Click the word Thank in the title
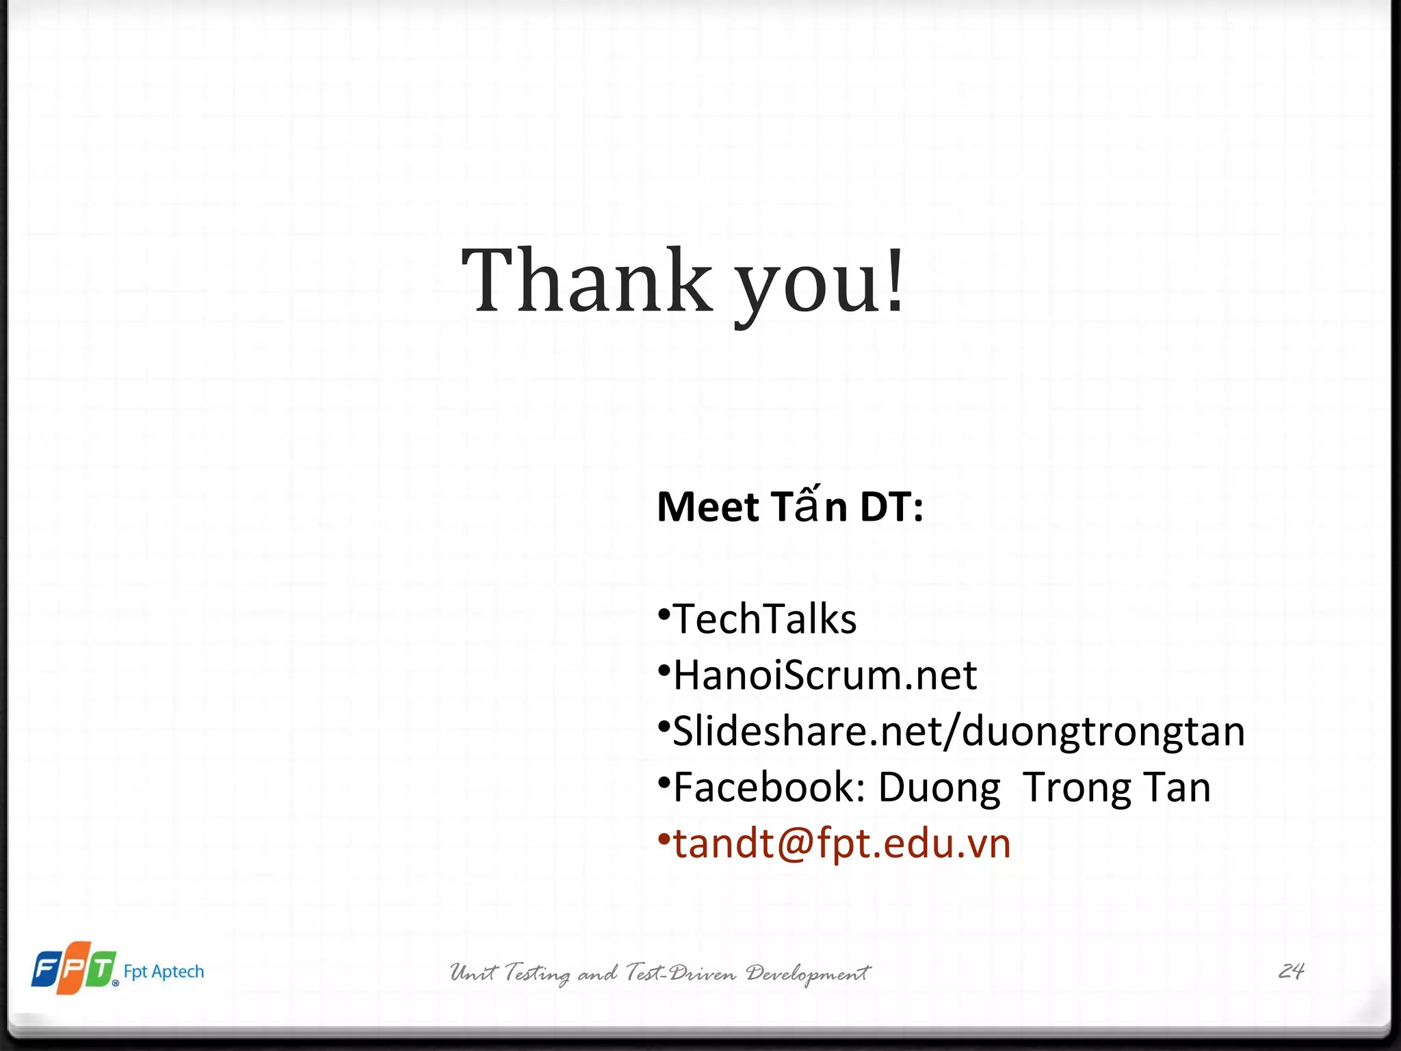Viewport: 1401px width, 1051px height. [x=587, y=282]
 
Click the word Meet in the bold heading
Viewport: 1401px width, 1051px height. [x=708, y=508]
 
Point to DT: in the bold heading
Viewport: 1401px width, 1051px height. [x=891, y=508]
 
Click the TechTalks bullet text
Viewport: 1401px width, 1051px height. [x=765, y=619]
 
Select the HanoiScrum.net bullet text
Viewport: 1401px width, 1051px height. [x=825, y=675]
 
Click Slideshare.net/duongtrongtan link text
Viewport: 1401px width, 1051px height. [x=958, y=731]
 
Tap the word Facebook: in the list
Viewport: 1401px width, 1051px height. [x=770, y=788]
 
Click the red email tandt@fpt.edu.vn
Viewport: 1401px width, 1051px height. [x=842, y=844]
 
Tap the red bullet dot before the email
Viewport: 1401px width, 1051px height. [x=663, y=838]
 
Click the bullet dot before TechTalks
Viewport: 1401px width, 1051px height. [x=663, y=614]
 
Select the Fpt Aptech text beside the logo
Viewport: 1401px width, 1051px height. [x=163, y=972]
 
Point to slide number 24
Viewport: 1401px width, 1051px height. [x=1291, y=971]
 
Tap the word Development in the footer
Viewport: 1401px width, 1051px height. [x=808, y=973]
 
